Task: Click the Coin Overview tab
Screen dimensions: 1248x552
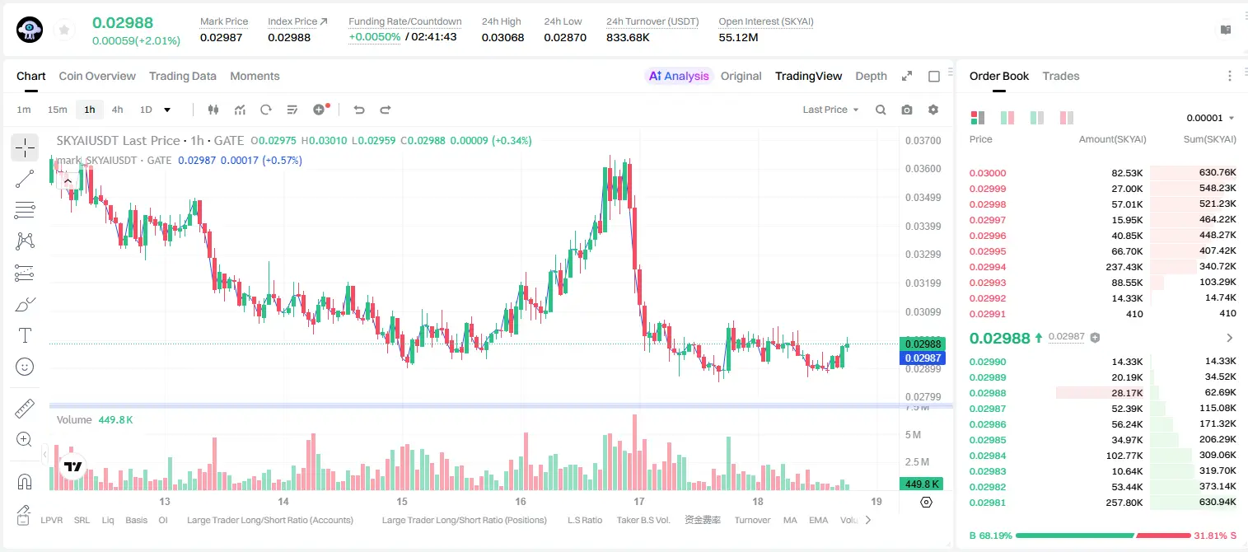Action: click(97, 76)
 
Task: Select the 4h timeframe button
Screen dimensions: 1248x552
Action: click(117, 110)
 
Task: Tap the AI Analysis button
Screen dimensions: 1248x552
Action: click(679, 76)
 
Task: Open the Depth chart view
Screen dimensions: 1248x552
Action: click(871, 76)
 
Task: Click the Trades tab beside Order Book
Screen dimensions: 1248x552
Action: click(1061, 76)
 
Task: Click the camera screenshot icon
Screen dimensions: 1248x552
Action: click(907, 110)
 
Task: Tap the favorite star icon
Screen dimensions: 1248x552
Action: click(64, 30)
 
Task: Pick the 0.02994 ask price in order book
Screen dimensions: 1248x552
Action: click(987, 267)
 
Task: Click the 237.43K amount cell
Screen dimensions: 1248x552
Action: click(1124, 267)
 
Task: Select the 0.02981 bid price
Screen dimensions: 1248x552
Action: click(987, 503)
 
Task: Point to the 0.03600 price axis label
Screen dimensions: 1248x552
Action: click(923, 169)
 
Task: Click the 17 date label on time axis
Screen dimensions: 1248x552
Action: click(639, 501)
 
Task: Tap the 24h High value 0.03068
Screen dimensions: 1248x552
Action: click(502, 37)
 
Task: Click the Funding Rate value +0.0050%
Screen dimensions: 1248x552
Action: click(374, 37)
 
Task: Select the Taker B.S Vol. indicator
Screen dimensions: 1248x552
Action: click(643, 520)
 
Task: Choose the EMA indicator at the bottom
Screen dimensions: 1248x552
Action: click(818, 520)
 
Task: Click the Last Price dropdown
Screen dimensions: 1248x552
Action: click(830, 110)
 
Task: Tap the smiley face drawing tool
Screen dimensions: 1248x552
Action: click(25, 367)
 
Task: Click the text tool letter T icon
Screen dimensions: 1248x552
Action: click(25, 335)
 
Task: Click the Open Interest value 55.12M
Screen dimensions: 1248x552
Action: click(738, 37)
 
